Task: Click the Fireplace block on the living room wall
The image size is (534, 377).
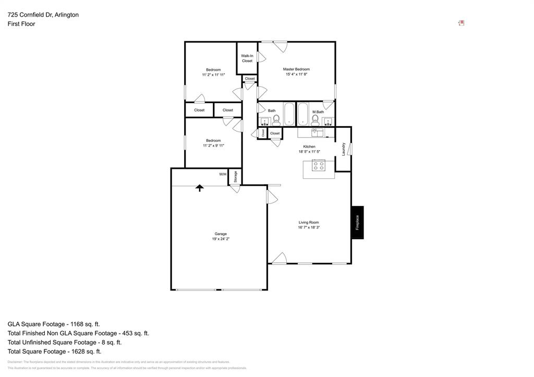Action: pyautogui.click(x=357, y=223)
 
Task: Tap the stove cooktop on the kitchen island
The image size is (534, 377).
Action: pyautogui.click(x=318, y=166)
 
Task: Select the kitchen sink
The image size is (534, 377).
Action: pyautogui.click(x=318, y=132)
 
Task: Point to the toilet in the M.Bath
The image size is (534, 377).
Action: pyautogui.click(x=315, y=120)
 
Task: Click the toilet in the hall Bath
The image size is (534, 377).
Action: pyautogui.click(x=276, y=120)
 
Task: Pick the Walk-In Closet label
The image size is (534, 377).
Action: pyautogui.click(x=247, y=58)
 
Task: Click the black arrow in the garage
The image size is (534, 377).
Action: pyautogui.click(x=199, y=188)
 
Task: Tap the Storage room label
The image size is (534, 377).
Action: pyautogui.click(x=235, y=176)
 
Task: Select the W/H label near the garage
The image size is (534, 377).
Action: pyautogui.click(x=223, y=174)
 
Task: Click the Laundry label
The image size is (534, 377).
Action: pyautogui.click(x=344, y=149)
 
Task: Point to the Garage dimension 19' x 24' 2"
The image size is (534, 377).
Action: pyautogui.click(x=221, y=239)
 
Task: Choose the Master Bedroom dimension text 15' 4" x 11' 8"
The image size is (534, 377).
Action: pyautogui.click(x=296, y=75)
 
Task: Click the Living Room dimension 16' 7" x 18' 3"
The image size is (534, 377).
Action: pyautogui.click(x=309, y=227)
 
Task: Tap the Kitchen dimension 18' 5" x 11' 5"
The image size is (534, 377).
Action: pyautogui.click(x=309, y=152)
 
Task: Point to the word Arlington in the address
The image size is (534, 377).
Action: pyautogui.click(x=65, y=15)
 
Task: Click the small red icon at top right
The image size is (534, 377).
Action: pyautogui.click(x=462, y=23)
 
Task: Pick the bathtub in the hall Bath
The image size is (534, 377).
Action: pyautogui.click(x=289, y=114)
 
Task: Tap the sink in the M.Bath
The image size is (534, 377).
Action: pyautogui.click(x=328, y=122)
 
